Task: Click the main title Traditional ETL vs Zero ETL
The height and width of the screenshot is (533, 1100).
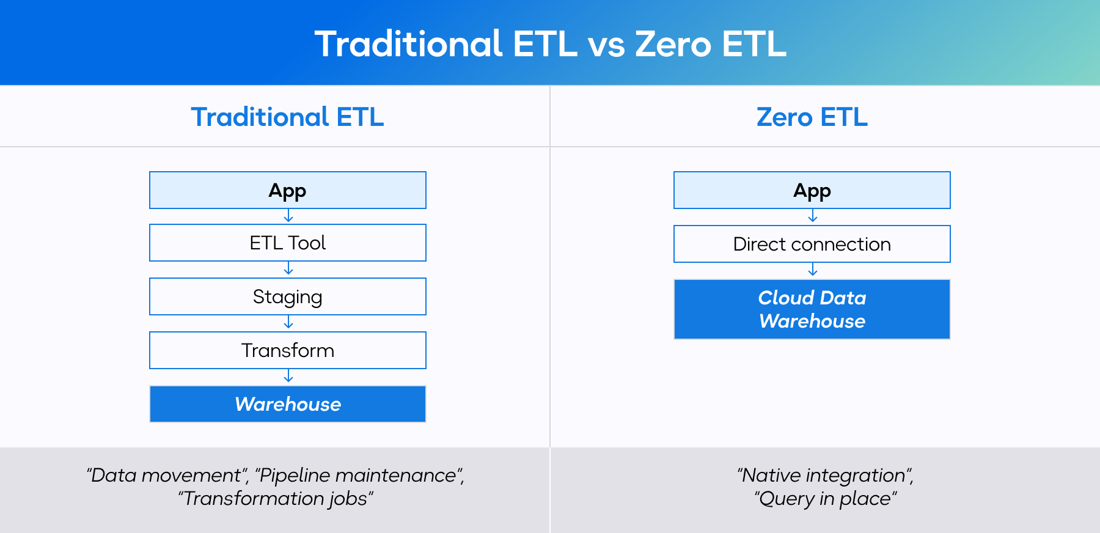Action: click(550, 44)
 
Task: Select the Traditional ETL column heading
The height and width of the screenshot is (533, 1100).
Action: click(287, 117)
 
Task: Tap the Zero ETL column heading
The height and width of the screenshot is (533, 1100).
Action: click(812, 117)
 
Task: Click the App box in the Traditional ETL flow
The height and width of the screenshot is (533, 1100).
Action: click(287, 190)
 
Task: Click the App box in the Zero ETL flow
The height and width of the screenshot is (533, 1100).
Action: click(812, 190)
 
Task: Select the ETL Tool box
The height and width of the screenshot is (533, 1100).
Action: click(287, 243)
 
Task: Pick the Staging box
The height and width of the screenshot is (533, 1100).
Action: click(287, 296)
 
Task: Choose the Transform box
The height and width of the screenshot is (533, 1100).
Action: click(287, 350)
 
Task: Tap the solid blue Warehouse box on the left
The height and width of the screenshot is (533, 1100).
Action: click(287, 404)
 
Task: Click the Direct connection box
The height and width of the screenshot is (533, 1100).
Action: click(812, 244)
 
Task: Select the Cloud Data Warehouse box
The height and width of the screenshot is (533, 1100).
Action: click(812, 309)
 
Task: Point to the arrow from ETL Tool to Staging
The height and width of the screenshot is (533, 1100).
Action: click(288, 270)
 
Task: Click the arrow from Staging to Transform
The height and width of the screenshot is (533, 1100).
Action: click(288, 323)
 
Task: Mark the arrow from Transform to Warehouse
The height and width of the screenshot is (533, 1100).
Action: click(288, 377)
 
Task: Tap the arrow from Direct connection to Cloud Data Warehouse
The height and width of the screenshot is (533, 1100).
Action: click(813, 271)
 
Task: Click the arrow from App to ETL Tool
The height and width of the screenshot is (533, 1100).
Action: click(288, 217)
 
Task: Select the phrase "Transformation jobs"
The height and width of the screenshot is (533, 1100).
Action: click(276, 499)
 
